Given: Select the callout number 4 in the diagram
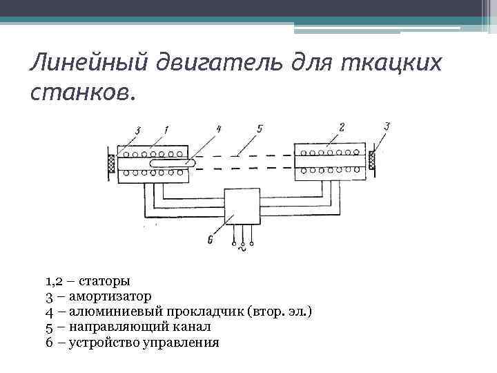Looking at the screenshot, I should tap(217, 128).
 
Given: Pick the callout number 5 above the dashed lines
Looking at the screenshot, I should tap(260, 128).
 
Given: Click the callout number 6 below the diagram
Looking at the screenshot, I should tap(209, 240).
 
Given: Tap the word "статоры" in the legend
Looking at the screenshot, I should tap(104, 281).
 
